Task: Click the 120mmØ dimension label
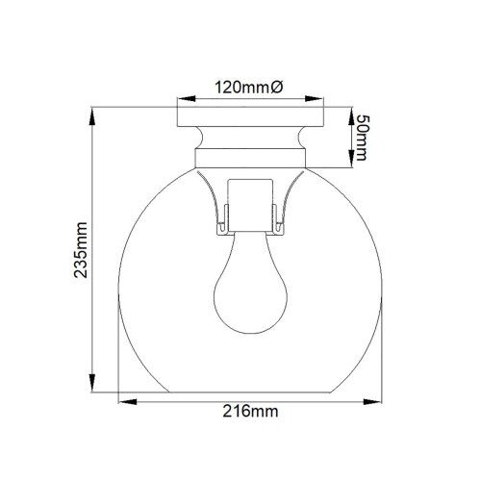tap(247, 88)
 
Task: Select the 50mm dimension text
tap(362, 138)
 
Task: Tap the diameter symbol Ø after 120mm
tap(278, 88)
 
